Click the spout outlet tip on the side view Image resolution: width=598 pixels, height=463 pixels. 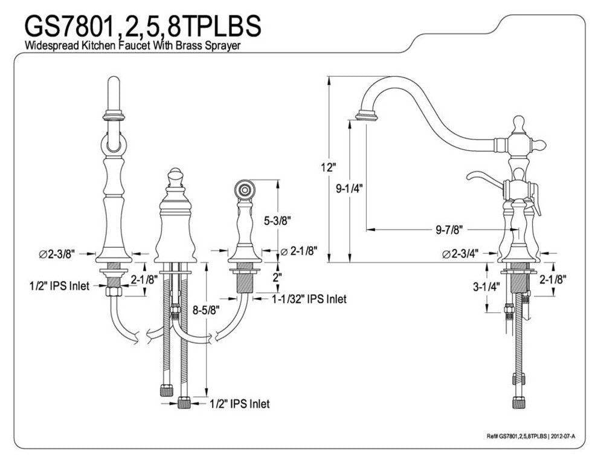click(x=367, y=115)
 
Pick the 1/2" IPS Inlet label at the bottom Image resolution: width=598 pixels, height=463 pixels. click(x=240, y=404)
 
